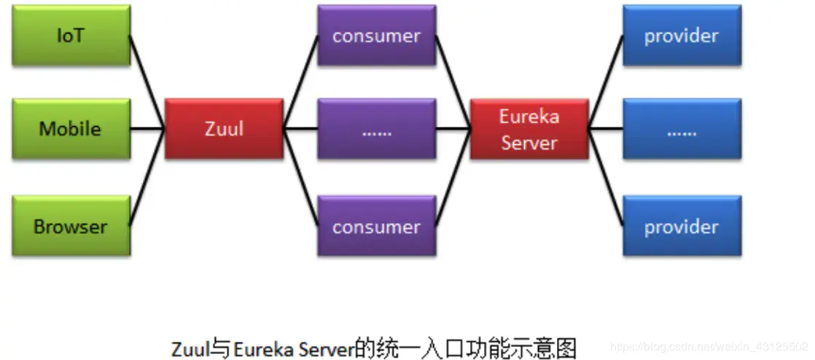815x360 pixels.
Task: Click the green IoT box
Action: point(71,36)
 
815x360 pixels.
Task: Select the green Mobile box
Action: point(71,129)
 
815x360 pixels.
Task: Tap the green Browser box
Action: point(71,226)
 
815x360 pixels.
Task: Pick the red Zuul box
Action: point(224,130)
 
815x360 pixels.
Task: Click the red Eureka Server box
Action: point(529,130)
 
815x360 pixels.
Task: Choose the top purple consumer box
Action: point(376,36)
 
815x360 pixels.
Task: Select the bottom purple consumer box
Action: point(376,226)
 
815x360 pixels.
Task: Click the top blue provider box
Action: point(682,36)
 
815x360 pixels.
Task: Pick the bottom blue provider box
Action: point(682,226)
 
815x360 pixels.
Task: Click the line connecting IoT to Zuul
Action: point(147,82)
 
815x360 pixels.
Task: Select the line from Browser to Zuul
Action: point(147,178)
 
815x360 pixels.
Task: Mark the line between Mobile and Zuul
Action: point(148,130)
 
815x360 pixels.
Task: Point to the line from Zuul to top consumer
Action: point(300,82)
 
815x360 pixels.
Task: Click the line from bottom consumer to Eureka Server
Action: point(453,178)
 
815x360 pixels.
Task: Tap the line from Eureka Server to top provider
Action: point(606,82)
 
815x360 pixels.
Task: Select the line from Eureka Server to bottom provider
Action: point(606,178)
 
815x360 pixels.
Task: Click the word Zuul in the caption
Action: point(188,346)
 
